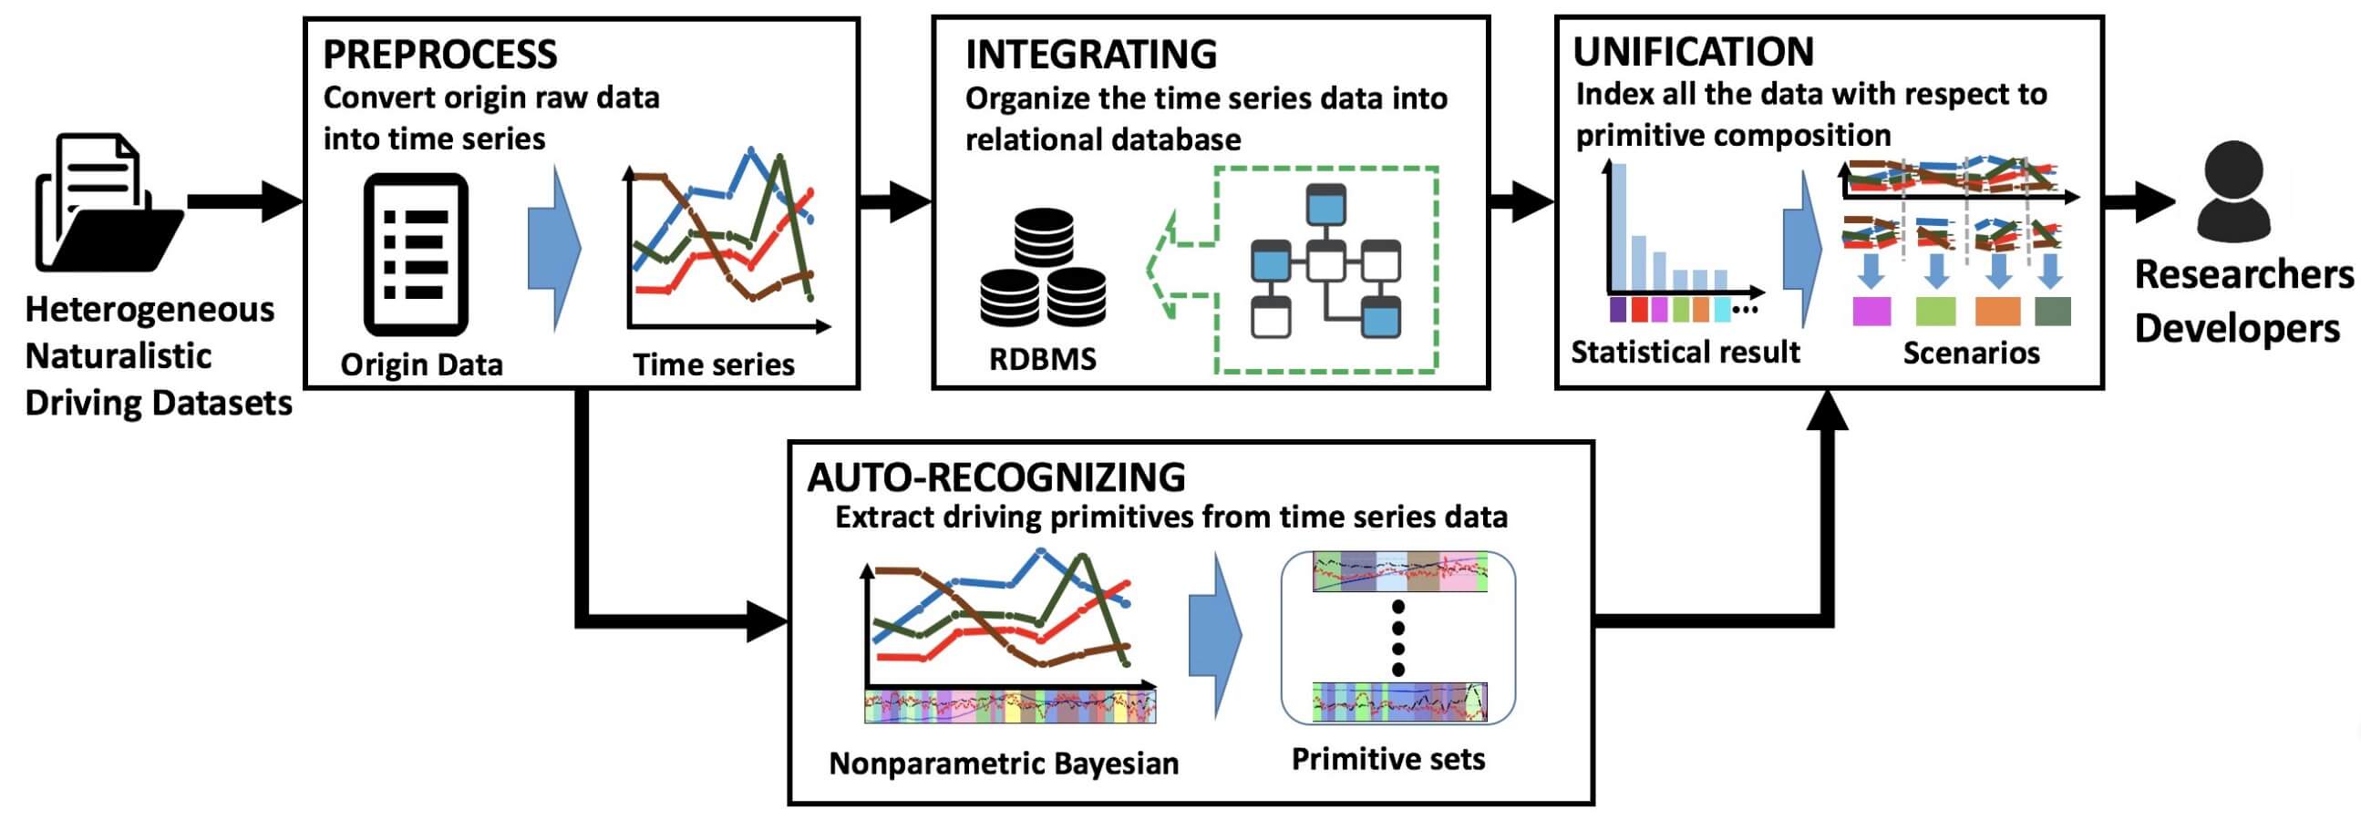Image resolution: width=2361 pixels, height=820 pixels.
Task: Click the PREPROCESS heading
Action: tap(440, 55)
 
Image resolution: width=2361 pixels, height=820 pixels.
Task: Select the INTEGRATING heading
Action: tap(1090, 55)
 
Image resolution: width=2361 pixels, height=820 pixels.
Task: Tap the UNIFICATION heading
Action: tap(1693, 51)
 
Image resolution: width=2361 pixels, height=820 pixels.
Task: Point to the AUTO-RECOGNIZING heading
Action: tap(996, 477)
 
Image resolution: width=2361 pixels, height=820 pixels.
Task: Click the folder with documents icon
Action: tap(108, 202)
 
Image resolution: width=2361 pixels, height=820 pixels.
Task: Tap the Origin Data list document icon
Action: tap(416, 255)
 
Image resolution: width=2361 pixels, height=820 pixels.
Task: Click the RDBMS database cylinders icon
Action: tap(1043, 268)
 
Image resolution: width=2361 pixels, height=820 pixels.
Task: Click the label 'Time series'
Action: tap(713, 364)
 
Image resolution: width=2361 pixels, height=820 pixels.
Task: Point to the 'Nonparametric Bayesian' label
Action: tap(1004, 764)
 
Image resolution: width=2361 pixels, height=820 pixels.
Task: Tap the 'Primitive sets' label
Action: tap(1387, 759)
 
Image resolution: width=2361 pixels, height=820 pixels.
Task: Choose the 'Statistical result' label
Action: tap(1686, 352)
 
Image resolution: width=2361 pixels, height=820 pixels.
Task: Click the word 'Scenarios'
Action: tap(1972, 353)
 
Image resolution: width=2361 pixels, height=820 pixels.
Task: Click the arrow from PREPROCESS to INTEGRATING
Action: tap(894, 201)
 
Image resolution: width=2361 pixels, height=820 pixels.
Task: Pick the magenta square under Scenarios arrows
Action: tap(1871, 312)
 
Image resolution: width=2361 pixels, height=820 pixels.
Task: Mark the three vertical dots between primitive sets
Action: tap(1397, 638)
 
